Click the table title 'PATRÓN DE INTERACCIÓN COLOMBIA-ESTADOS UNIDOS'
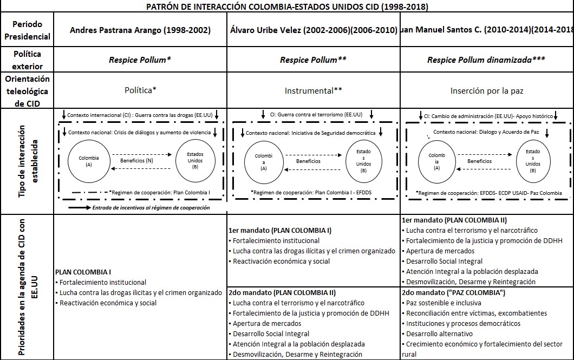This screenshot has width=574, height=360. tap(286, 7)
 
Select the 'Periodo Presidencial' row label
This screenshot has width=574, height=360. tap(32, 31)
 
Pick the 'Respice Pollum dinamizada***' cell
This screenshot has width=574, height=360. tap(486, 60)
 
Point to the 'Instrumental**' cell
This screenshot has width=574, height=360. tap(312, 90)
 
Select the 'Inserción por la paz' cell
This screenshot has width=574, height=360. tap(486, 90)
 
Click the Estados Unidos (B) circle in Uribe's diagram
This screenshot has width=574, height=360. tap(363, 161)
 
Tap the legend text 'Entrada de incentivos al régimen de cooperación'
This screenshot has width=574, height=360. tap(151, 207)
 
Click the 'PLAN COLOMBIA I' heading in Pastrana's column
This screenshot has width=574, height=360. tap(83, 272)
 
